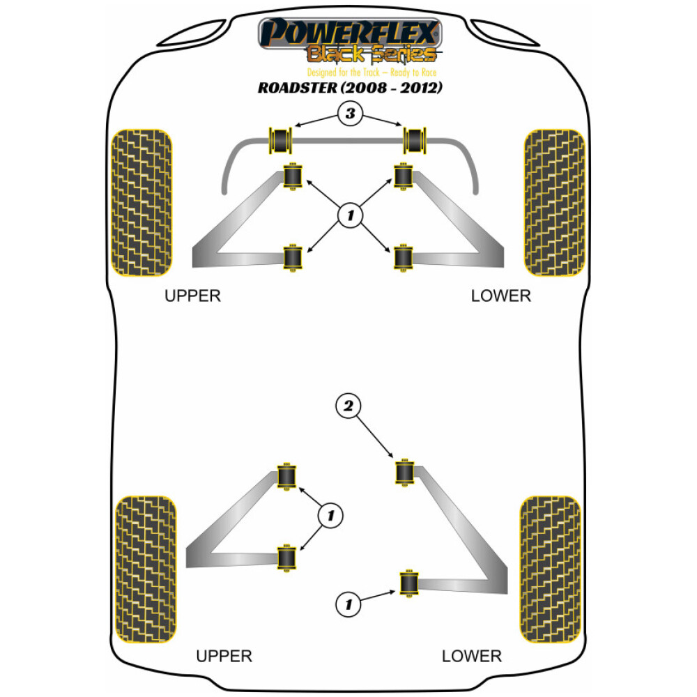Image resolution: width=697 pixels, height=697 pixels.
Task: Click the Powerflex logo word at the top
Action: coord(350,33)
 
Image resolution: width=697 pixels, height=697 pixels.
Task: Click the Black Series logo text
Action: coord(372,54)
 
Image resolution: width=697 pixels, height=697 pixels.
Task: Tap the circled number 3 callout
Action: coord(351,114)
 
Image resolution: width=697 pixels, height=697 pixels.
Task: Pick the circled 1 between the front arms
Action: coord(350,216)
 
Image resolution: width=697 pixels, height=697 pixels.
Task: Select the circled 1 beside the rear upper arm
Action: coord(331,516)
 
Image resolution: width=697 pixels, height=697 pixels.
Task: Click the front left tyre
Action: coord(142,202)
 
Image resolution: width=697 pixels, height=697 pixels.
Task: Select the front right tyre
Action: coord(554,202)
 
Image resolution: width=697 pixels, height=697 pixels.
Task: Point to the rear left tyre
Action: coord(146,570)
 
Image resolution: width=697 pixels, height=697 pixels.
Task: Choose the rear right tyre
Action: coord(551,570)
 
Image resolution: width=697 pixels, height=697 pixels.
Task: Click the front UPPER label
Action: coord(192,296)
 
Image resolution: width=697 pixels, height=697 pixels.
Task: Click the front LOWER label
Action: coord(500,296)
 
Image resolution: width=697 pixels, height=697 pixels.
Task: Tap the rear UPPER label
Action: coord(224,656)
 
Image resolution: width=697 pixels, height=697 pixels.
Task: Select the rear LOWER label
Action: coord(471,656)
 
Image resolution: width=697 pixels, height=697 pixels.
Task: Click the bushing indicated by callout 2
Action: coord(404,473)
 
